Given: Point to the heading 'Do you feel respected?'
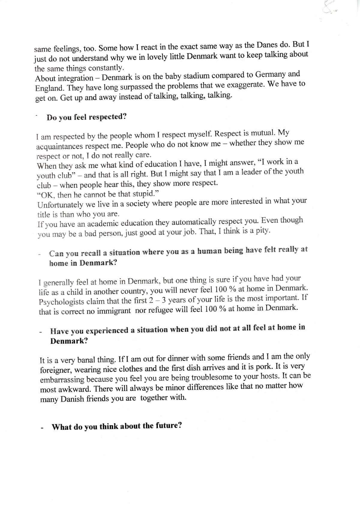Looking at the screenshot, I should pos(86,117).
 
